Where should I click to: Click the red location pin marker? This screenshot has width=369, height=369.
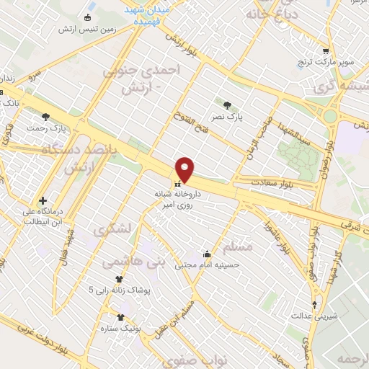click(185, 169)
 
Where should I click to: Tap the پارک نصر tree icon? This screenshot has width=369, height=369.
click(228, 105)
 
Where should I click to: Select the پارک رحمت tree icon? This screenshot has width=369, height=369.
click(46, 117)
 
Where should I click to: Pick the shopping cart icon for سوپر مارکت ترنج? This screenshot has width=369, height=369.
click(326, 51)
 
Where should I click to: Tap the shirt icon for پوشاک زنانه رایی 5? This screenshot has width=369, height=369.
click(119, 279)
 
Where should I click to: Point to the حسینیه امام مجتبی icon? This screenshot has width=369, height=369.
click(208, 254)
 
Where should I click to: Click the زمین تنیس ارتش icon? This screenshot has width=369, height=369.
click(89, 17)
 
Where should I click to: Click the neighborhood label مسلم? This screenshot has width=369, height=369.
click(238, 247)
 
